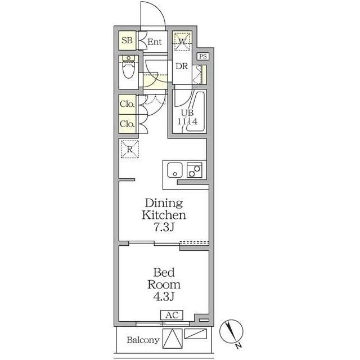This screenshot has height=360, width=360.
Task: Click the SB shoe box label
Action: (127, 40)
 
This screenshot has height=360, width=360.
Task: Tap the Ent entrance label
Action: (155, 42)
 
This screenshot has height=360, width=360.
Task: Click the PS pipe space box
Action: (203, 56)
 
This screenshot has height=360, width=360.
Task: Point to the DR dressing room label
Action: (182, 66)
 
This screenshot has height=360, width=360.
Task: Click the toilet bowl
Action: (129, 69)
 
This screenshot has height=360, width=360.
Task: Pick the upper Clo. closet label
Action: (127, 104)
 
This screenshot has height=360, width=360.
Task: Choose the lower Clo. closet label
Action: (127, 124)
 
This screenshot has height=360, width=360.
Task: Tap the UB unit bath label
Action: (187, 112)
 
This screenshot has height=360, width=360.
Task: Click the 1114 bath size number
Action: (187, 121)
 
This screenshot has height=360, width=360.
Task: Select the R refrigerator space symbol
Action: (130, 149)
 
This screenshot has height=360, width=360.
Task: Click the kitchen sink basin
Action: (175, 170)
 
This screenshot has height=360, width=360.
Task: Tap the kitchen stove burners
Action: (195, 170)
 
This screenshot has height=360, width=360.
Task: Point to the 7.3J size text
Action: (164, 227)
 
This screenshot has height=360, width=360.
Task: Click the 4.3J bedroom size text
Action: (164, 296)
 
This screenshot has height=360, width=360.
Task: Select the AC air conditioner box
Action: (172, 315)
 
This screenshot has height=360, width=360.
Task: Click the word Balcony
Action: (143, 340)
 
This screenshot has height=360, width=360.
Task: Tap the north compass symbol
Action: (231, 331)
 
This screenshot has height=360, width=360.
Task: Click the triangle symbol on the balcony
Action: (173, 339)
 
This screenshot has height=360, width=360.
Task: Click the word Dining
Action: (164, 203)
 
